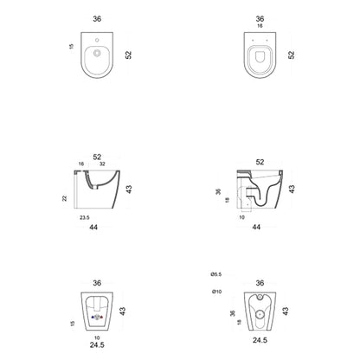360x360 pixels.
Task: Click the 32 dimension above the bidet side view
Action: pos(102,164)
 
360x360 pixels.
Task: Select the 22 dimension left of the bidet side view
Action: pos(65,198)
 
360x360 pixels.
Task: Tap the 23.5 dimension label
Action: pos(85,218)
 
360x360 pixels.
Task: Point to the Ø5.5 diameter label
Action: pos(216,274)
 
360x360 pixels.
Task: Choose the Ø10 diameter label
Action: pos(216,292)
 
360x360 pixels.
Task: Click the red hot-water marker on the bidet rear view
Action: pos(101,318)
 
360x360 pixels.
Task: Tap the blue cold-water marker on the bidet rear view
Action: pos(93,318)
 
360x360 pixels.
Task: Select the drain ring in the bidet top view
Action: pos(97,53)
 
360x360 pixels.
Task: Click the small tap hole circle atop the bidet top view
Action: pos(97,40)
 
